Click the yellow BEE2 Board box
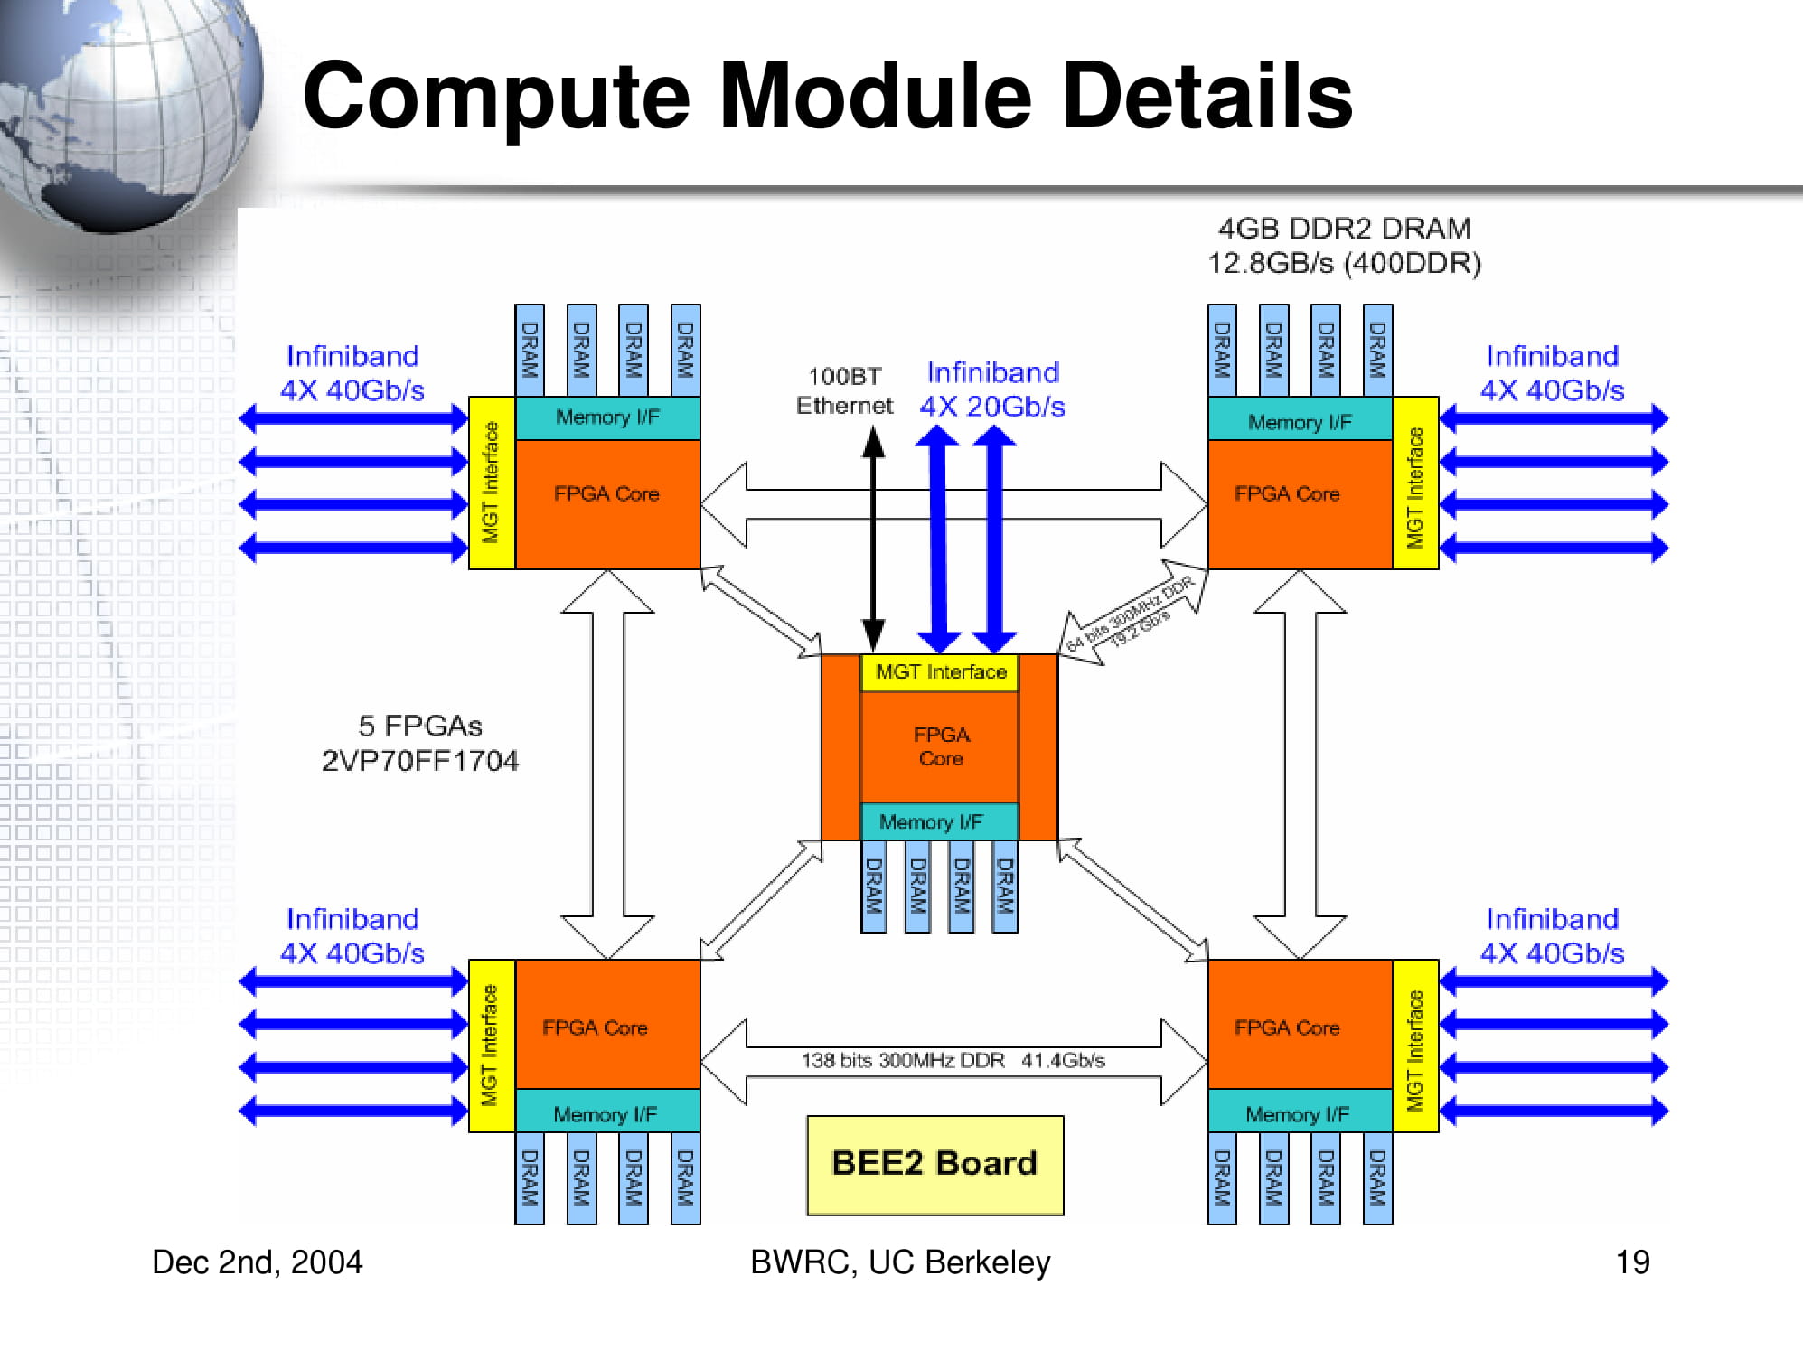click(934, 1164)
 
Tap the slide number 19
click(1632, 1262)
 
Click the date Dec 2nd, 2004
click(257, 1262)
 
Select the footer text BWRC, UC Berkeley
click(900, 1262)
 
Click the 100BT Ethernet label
click(843, 390)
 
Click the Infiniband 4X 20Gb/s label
click(992, 389)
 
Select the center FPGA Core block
click(940, 746)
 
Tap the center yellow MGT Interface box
click(940, 672)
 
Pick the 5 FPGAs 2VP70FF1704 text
click(420, 744)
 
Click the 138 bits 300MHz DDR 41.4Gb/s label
click(953, 1060)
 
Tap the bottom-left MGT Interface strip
click(491, 1045)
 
